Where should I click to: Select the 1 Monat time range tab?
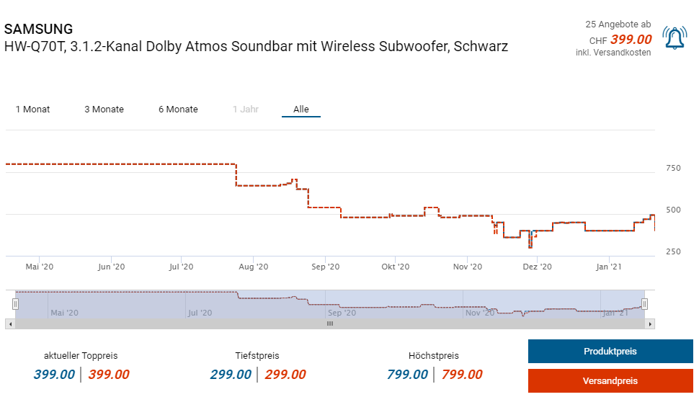click(32, 110)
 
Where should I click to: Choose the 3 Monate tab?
click(104, 110)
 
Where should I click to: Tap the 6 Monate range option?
click(178, 110)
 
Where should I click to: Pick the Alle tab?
click(300, 110)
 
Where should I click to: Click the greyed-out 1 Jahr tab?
click(245, 110)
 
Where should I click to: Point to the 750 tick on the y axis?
click(673, 169)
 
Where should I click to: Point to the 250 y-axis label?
click(673, 251)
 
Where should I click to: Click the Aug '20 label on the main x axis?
click(253, 267)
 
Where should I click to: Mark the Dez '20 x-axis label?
click(537, 267)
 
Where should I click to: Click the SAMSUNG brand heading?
click(39, 30)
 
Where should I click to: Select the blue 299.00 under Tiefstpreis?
click(231, 375)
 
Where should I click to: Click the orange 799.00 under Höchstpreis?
click(462, 375)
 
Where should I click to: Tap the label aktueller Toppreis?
click(81, 356)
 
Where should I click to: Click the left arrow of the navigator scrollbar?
click(9, 324)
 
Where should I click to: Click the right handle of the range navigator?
click(645, 304)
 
